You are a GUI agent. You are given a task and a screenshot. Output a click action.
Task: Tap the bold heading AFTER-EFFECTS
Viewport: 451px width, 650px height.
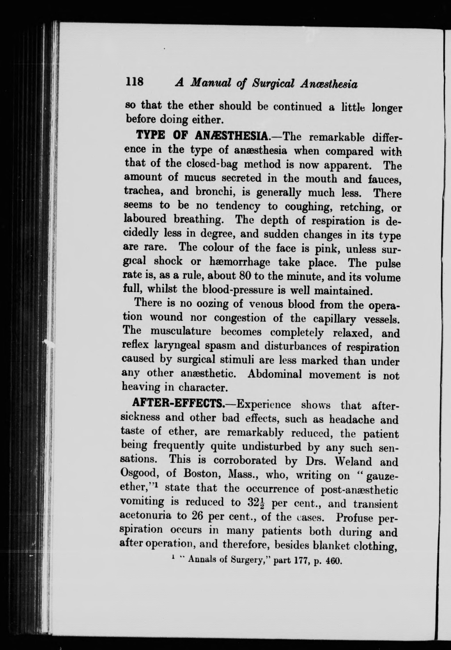(x=178, y=405)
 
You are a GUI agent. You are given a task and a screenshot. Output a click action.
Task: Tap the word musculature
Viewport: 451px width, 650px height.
(x=181, y=331)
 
